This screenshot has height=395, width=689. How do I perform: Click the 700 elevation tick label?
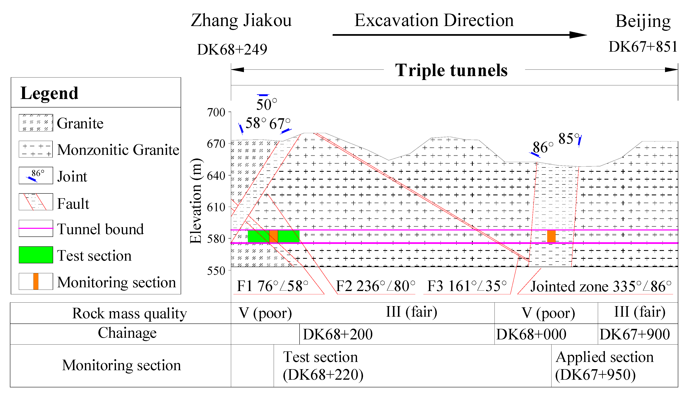pos(216,112)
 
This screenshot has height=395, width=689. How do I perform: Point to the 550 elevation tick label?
pos(216,271)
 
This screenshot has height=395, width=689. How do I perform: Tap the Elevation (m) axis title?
pos(196,201)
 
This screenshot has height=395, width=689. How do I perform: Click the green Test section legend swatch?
pos(36,255)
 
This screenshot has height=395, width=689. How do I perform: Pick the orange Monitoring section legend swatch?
pos(36,281)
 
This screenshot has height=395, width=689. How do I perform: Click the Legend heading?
pos(49,93)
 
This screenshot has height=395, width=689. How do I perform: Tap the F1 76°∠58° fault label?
pos(272,286)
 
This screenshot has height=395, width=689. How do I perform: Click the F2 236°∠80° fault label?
pos(375,286)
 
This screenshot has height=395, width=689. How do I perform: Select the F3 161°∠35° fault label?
pos(467,286)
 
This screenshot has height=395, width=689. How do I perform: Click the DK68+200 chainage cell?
pos(338,334)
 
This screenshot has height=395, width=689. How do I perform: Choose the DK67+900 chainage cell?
pos(635,334)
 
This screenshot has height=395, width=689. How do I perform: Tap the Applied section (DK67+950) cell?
pos(604,366)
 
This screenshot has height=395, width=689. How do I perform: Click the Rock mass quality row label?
pos(129,313)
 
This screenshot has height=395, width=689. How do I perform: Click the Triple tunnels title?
pos(451,70)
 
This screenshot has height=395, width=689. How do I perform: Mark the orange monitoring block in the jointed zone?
pos(551,236)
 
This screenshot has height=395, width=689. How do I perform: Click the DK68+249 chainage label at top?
pos(232,49)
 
